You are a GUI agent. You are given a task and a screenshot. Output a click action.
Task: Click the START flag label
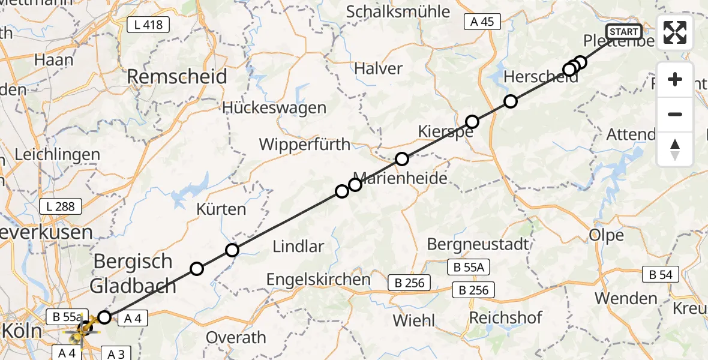[624, 32]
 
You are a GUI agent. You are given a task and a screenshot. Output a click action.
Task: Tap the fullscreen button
[675, 32]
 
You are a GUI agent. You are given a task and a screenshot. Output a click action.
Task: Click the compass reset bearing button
[675, 149]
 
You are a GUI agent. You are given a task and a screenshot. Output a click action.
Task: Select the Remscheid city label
[176, 77]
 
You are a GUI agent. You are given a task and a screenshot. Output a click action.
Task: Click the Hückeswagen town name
[274, 108]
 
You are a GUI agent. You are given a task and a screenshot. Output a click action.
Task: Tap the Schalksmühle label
[406, 11]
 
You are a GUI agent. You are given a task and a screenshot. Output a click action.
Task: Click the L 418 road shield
[148, 25]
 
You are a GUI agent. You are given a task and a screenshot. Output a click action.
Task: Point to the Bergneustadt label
[478, 244]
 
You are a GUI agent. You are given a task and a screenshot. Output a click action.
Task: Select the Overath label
[236, 337]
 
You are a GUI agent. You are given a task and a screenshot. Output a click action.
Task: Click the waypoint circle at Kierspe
[472, 122]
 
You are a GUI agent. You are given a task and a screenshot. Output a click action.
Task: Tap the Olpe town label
[607, 235]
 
